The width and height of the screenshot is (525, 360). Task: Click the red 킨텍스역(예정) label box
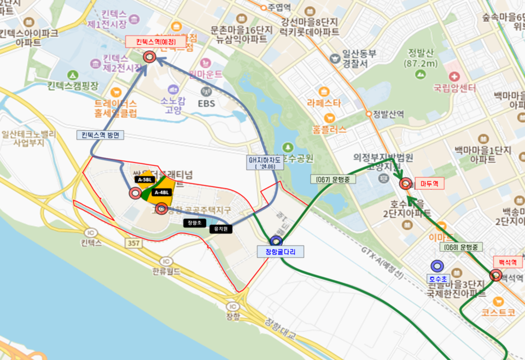[151, 41]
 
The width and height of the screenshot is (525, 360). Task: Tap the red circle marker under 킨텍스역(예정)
[149, 57]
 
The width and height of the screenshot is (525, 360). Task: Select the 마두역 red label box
[430, 184]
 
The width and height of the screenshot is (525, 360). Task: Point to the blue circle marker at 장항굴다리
[276, 241]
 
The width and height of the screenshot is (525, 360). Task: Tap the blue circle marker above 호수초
[437, 266]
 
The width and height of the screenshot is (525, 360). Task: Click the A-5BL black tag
[145, 179]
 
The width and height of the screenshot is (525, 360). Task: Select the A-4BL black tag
[162, 192]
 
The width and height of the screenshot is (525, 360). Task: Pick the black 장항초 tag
[195, 223]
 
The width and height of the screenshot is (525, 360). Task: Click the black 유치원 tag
[220, 229]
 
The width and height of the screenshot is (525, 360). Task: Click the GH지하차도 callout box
[265, 162]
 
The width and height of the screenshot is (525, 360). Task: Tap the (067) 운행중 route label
[333, 179]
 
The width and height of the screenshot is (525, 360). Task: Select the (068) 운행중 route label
[460, 247]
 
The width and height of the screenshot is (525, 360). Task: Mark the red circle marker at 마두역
[406, 184]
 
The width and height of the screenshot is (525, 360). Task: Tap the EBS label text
[207, 102]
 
